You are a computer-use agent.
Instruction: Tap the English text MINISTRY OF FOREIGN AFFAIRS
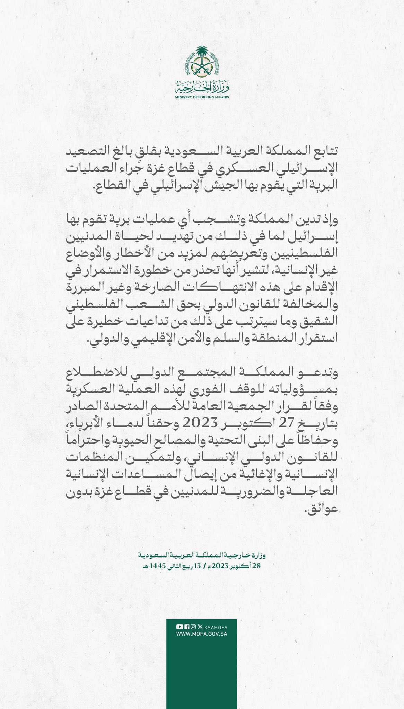[x=202, y=97]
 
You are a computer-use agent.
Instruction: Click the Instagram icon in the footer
[x=193, y=627]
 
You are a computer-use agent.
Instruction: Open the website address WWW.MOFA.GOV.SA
[x=202, y=634]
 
